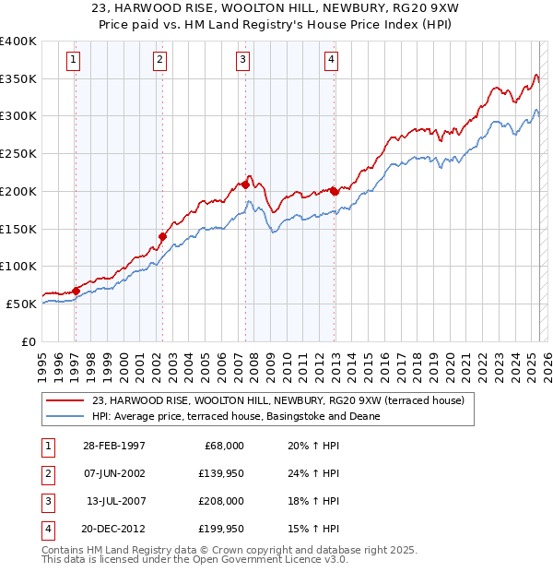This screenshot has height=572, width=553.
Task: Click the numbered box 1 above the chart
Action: [x=73, y=61]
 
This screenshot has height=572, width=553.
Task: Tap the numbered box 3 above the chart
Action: [x=242, y=61]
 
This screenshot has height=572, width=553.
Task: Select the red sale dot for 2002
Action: [x=162, y=236]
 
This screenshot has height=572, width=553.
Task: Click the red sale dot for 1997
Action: [x=76, y=291]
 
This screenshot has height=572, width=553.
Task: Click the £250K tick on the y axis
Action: [x=18, y=153]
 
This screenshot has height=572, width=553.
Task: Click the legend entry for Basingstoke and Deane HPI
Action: [x=236, y=416]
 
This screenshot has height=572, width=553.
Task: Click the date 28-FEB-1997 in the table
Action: [x=113, y=445]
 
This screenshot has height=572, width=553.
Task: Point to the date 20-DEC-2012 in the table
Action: [x=113, y=529]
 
